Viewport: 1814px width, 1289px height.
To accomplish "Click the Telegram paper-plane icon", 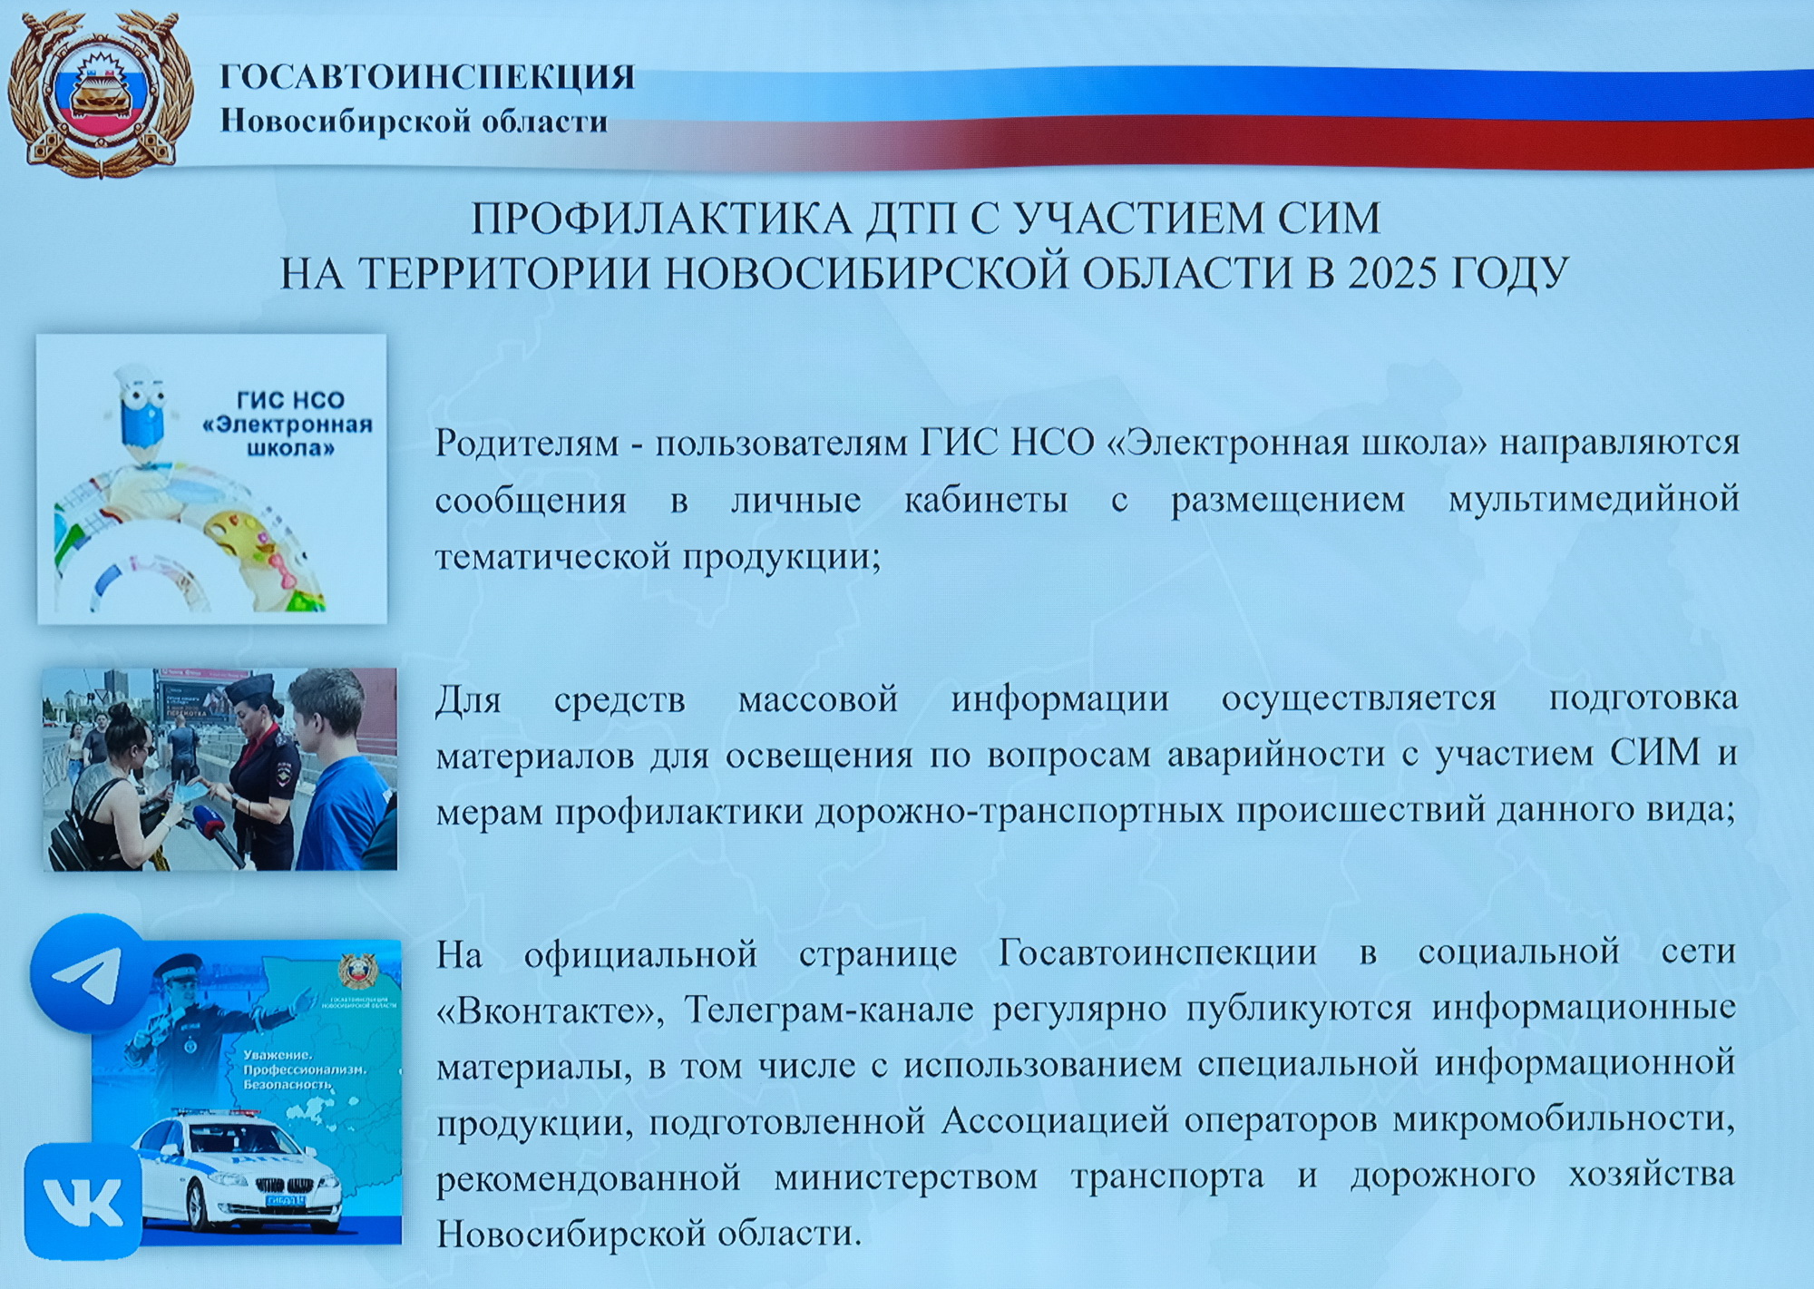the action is coord(89,973).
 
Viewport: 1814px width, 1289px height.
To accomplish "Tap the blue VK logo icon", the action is coord(83,1201).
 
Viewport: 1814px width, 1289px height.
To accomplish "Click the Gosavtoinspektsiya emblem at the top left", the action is coord(100,93).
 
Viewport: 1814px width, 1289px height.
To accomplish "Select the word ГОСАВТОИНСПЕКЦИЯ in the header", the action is coord(427,77).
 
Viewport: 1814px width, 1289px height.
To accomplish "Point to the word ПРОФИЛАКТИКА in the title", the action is coord(662,219).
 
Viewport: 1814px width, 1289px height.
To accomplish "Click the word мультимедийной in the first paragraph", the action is coord(1594,499).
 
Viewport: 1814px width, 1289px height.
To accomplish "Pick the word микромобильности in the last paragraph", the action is coord(1564,1120).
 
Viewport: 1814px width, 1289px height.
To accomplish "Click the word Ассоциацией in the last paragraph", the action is coord(1055,1121).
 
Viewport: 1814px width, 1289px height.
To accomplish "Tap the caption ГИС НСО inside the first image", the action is coord(290,400).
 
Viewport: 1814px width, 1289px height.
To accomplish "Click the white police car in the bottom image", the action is coord(239,1170).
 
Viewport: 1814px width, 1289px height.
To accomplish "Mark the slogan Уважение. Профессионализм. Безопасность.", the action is coord(304,1069).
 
